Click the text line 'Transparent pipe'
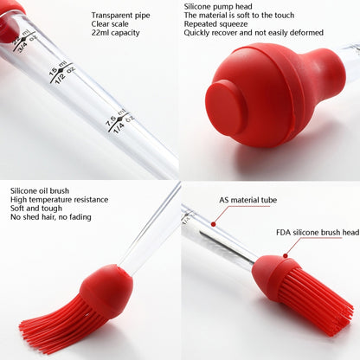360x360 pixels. [x=120, y=16]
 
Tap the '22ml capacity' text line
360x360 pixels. [x=115, y=33]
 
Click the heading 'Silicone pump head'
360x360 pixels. [x=218, y=6]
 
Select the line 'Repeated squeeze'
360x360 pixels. [x=215, y=23]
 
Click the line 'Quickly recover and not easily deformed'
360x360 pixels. [x=254, y=32]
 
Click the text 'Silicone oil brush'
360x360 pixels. [x=40, y=190]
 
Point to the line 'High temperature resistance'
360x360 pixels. [x=60, y=200]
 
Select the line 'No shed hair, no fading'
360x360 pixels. [x=51, y=217]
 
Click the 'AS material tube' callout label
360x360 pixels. [x=247, y=200]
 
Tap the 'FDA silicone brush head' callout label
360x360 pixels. [x=318, y=233]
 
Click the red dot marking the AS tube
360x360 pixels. [x=214, y=223]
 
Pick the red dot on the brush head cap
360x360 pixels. [x=286, y=255]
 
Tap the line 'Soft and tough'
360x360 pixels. [x=36, y=209]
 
